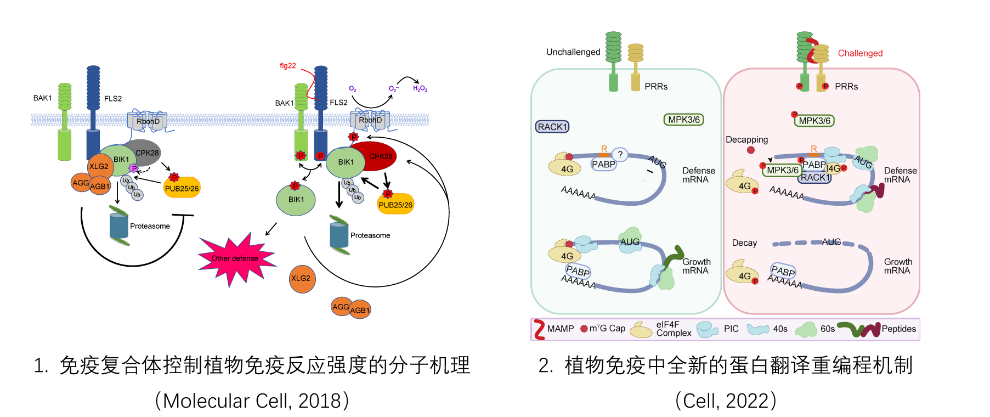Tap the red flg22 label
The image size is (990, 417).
tap(288, 66)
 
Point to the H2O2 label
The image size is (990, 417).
tap(420, 88)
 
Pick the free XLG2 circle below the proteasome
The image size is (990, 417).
tap(301, 278)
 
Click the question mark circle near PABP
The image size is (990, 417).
tap(620, 155)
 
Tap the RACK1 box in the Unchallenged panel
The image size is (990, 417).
tap(552, 127)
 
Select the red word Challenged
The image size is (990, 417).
tap(860, 53)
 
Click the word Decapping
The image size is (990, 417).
tap(746, 140)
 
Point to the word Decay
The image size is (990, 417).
tap(744, 243)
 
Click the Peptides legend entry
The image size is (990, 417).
tap(898, 329)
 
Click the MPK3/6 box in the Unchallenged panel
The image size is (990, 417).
tap(684, 120)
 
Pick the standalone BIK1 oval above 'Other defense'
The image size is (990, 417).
tap(296, 200)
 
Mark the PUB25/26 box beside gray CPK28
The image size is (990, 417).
tap(182, 188)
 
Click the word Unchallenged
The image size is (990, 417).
tap(573, 52)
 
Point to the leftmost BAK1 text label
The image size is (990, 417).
tap(42, 98)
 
